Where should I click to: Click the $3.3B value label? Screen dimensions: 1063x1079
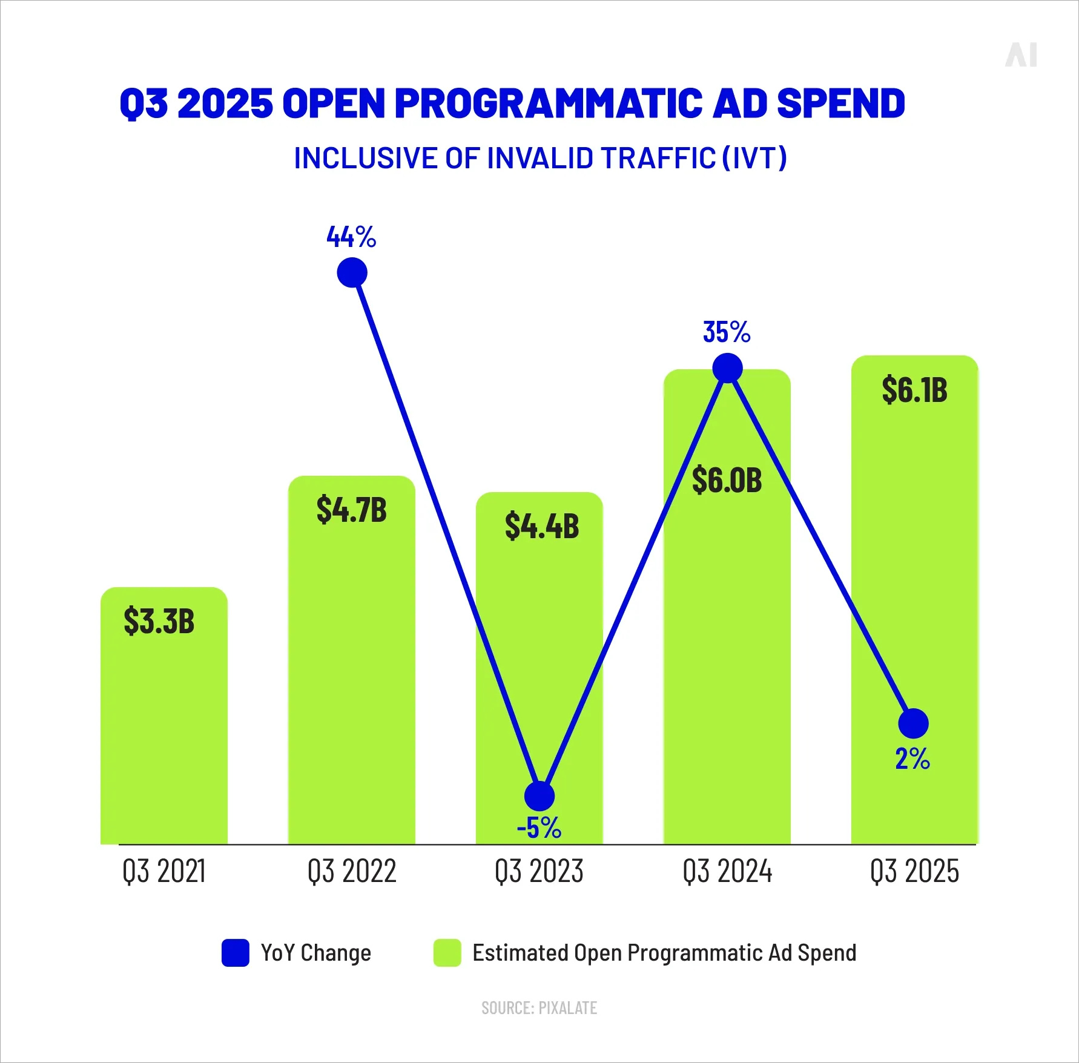(159, 622)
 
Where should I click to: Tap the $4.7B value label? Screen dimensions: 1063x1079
(351, 510)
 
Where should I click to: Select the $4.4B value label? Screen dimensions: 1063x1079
(542, 526)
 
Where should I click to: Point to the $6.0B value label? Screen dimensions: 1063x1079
(727, 481)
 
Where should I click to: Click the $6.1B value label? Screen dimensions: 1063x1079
(914, 390)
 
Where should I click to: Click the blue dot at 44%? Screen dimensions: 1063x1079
(352, 272)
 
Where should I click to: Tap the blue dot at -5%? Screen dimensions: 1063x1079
(539, 796)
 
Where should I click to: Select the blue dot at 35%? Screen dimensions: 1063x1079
(727, 368)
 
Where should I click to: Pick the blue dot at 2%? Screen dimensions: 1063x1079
(913, 723)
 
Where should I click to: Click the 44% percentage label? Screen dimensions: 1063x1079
(351, 237)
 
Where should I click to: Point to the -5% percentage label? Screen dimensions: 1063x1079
(539, 828)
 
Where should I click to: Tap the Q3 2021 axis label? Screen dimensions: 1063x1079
(164, 872)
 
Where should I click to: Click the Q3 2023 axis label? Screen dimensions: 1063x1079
(539, 872)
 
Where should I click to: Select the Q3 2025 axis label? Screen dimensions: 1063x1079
(914, 872)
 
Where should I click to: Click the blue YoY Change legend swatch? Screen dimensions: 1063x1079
(235, 953)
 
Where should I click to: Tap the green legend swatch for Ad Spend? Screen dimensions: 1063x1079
(447, 953)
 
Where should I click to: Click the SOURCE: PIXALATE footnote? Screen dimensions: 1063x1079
(539, 1008)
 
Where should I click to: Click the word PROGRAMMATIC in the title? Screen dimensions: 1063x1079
(549, 103)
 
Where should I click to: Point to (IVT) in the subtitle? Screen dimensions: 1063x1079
(754, 159)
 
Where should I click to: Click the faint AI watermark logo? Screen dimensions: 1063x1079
(1021, 55)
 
